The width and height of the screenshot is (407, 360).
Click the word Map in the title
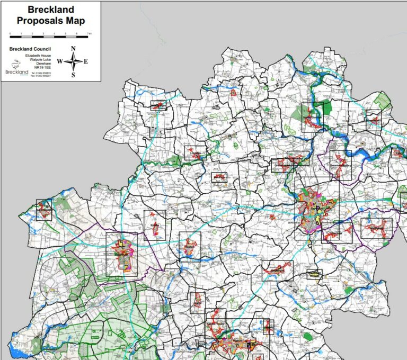click(75, 21)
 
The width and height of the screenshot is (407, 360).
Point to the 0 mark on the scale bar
click(10, 34)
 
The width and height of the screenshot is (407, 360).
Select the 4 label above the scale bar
click(55, 34)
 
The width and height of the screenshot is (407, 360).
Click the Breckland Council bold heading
click(29, 49)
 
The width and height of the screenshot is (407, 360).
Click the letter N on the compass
click(74, 48)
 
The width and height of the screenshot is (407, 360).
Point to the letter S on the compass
click(74, 75)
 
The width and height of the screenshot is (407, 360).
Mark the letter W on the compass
click(59, 61)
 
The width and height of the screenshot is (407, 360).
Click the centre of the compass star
click(74, 61)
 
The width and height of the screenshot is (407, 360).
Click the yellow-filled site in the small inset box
click(314, 274)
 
